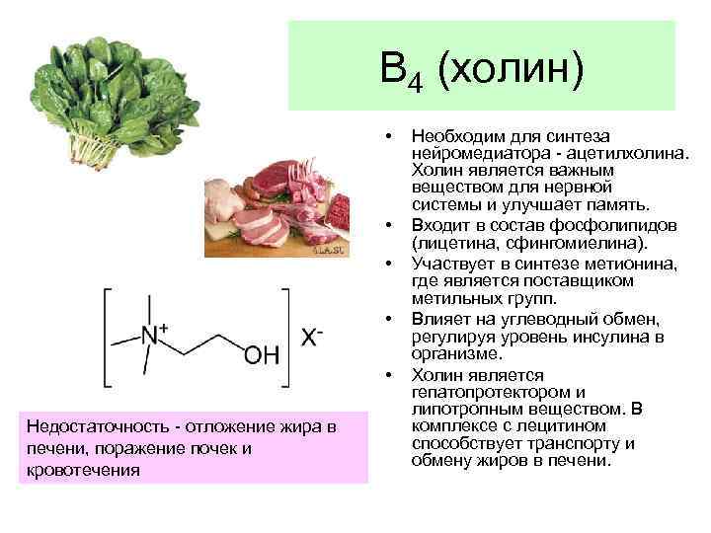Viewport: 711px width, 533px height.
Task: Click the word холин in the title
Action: [513, 70]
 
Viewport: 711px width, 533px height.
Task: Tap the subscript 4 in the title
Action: [416, 81]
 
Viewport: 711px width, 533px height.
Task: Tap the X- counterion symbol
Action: [312, 337]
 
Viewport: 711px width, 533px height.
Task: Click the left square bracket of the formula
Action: [107, 337]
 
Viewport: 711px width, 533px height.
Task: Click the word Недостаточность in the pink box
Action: [91, 426]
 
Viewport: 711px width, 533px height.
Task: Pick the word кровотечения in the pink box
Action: [78, 470]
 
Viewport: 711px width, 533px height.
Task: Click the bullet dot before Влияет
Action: [392, 319]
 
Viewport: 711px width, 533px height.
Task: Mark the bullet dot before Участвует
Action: [392, 264]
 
